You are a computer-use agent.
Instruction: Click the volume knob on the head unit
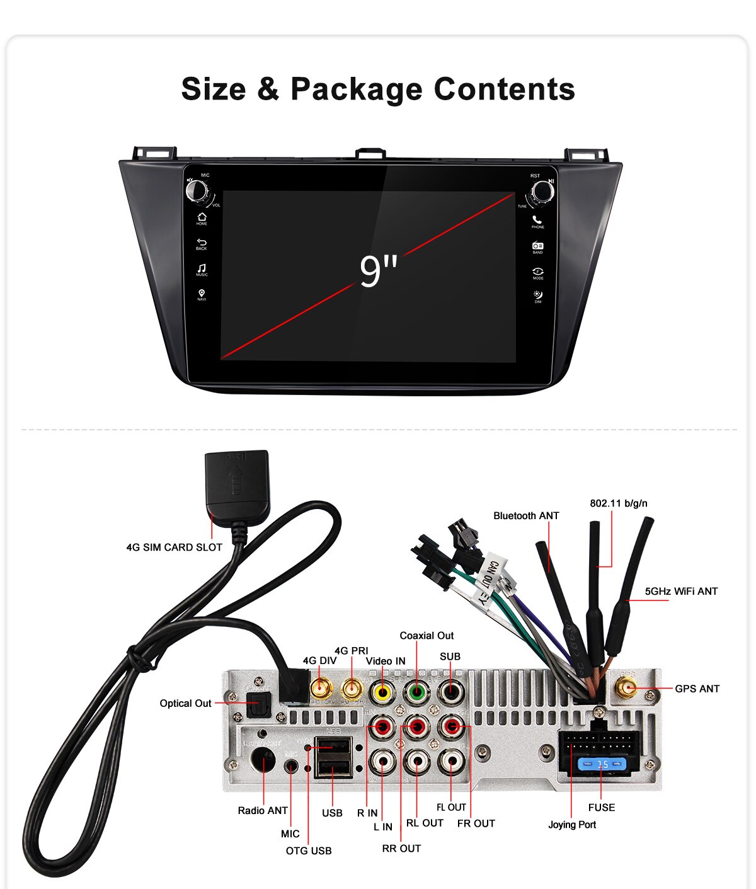click(x=196, y=190)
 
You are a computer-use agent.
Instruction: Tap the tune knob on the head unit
click(x=542, y=191)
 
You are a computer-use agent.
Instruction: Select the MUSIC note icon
click(x=202, y=268)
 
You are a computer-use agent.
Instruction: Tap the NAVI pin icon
click(x=202, y=294)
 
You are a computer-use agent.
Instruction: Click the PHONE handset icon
click(x=537, y=220)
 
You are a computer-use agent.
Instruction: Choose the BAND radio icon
click(x=537, y=246)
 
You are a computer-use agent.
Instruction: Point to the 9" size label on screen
click(x=378, y=272)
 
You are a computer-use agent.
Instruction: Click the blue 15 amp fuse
click(x=603, y=764)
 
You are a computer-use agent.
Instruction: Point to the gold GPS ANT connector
click(x=626, y=688)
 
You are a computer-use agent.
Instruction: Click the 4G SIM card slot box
click(x=237, y=481)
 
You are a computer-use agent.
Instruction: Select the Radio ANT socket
click(x=262, y=761)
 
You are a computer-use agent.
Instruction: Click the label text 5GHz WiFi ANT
click(x=681, y=591)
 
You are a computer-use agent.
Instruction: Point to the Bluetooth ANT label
click(x=526, y=515)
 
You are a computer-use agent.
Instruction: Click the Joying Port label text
click(x=571, y=824)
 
